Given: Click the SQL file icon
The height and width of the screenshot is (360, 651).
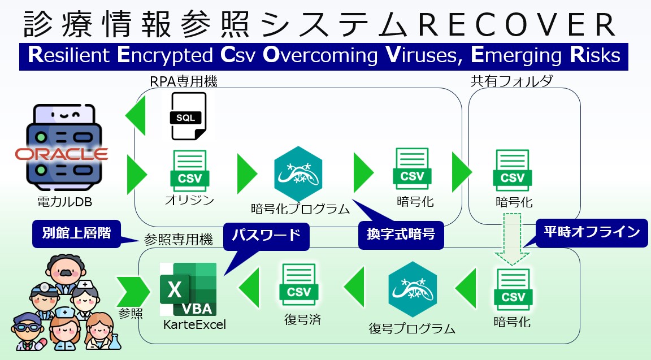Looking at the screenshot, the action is coord(188,116).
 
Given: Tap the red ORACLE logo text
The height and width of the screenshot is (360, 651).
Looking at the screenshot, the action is coord(62,154).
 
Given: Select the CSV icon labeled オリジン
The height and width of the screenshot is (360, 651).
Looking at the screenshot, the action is coord(190,171).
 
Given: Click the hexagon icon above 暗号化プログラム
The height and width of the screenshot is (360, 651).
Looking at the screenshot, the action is coord(298,173).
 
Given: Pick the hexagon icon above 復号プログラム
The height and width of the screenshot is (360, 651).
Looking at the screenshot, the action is coord(413,289).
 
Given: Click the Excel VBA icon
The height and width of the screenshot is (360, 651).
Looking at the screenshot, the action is coord(188,289).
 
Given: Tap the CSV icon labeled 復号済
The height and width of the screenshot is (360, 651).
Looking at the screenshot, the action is coord(299,285).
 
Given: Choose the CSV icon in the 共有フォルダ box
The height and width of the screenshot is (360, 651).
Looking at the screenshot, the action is coord(513,171).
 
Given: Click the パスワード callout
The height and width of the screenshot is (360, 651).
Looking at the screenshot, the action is coord(266,236).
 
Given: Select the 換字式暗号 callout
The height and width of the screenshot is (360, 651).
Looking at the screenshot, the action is coord(401,235).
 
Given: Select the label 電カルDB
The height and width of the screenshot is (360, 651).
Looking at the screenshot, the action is coord(65,202).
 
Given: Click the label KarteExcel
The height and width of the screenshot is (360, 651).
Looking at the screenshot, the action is coord(195,324).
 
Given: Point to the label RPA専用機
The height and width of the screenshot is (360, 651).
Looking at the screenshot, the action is coord(184,81).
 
